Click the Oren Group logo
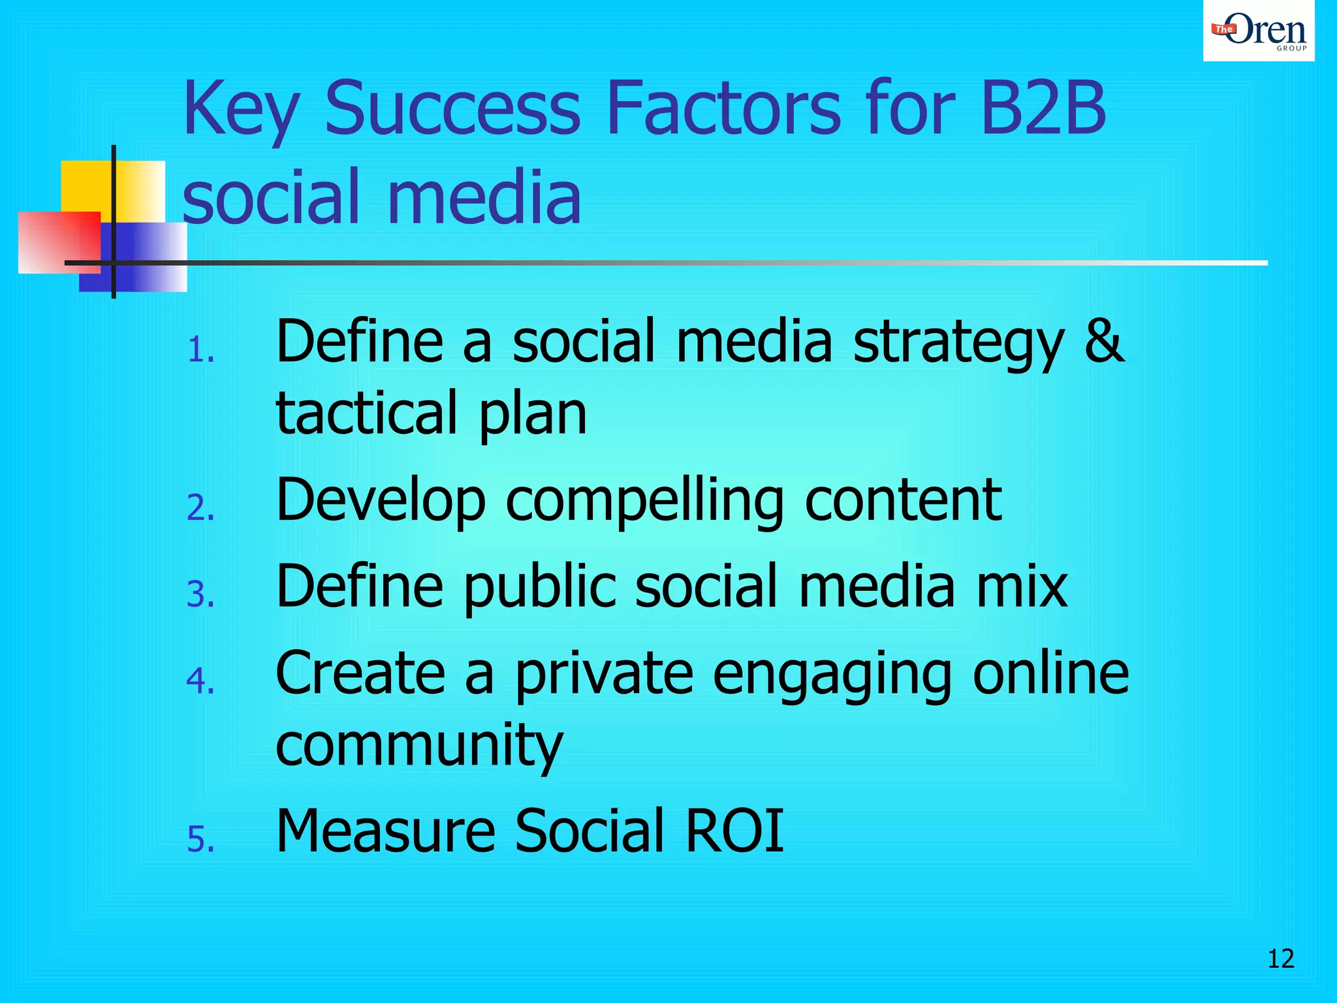tap(1258, 31)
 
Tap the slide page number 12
tap(1280, 959)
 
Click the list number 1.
tap(199, 351)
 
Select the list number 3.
tap(200, 595)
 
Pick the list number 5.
tap(200, 839)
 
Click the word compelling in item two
tap(644, 501)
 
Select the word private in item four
tap(604, 674)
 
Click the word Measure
tap(385, 831)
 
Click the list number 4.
tap(200, 681)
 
